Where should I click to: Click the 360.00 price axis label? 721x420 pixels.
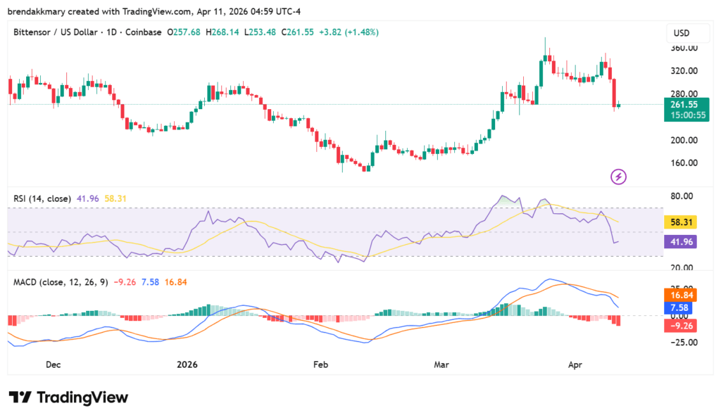point(684,48)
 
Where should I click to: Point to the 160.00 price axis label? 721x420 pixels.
point(684,163)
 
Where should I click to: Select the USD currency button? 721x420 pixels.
point(682,33)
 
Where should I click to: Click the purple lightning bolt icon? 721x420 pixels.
point(618,177)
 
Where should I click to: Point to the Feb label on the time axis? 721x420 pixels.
point(320,364)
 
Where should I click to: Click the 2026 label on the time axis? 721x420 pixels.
point(187,364)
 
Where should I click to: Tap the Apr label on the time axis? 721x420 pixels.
point(575,364)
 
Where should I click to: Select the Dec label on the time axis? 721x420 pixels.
point(53,364)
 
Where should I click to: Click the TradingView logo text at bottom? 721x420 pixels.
point(69,397)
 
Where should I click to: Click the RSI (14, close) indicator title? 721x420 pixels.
point(42,198)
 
